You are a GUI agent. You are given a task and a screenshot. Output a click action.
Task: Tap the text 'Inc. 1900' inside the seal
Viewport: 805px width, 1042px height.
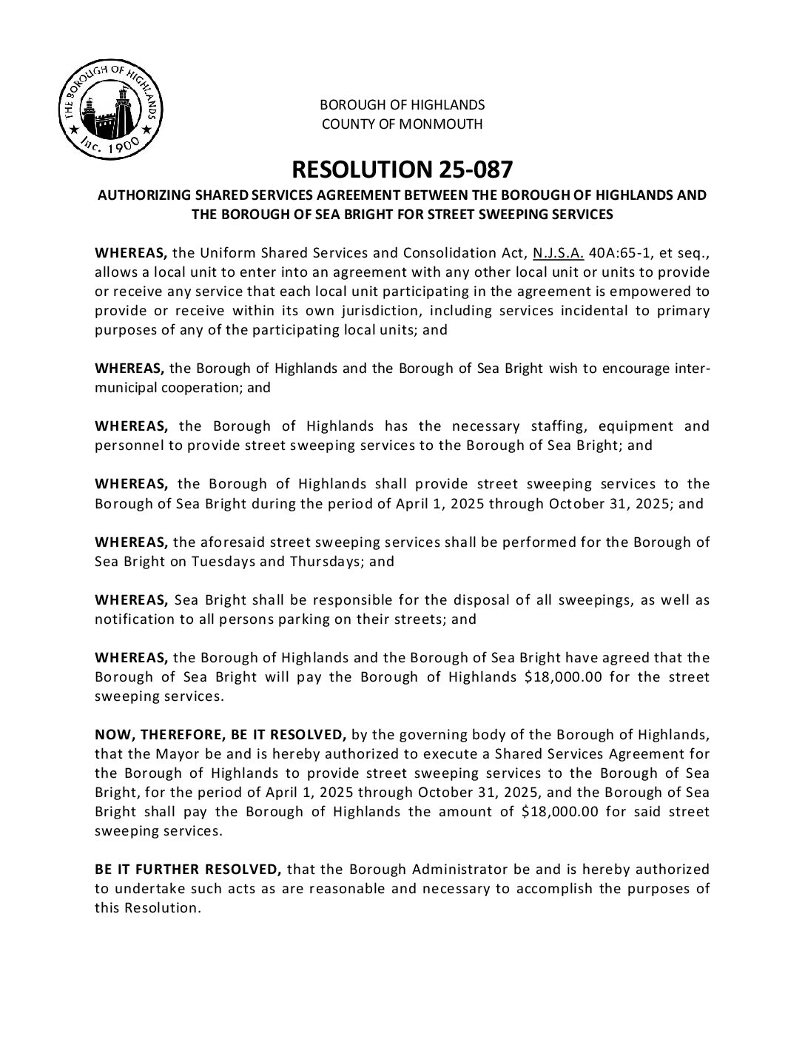109,146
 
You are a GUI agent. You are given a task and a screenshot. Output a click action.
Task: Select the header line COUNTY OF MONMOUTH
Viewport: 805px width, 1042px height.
402,124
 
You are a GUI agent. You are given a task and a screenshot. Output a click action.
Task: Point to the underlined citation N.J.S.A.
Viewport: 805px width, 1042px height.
559,252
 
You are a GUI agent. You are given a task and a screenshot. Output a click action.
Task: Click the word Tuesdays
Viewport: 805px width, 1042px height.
223,560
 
